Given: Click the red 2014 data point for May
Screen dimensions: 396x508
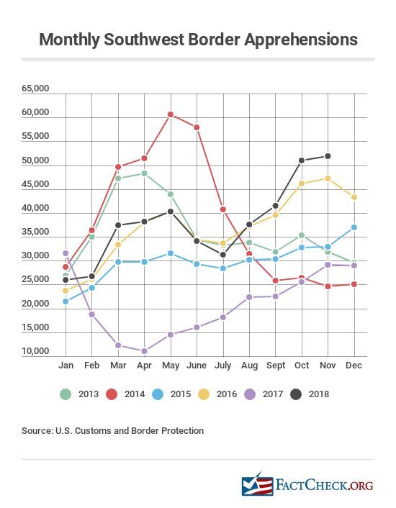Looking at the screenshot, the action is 171,114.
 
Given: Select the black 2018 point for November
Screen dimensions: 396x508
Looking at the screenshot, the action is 328,156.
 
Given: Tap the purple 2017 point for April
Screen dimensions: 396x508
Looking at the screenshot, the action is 144,351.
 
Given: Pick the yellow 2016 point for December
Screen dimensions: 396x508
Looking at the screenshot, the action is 354,197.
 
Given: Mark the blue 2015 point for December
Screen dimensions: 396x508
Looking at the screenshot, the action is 354,227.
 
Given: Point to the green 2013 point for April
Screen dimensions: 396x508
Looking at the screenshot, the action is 144,173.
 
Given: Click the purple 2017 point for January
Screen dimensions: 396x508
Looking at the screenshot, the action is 66,253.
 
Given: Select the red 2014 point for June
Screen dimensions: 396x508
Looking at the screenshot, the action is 197,127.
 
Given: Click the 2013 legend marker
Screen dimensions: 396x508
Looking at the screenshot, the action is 66,394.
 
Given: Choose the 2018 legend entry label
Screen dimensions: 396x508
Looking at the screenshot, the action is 319,394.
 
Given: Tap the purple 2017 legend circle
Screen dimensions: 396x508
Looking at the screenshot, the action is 250,394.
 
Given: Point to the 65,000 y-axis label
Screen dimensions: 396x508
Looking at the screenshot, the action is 35,89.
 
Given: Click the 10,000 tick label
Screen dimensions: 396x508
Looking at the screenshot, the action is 35,351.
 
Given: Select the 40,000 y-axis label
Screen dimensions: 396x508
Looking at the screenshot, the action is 35,208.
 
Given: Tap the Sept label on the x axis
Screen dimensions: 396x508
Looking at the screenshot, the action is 276,366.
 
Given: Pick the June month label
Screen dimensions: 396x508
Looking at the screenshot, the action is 197,365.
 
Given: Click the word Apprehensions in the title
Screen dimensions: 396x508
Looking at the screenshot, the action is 301,40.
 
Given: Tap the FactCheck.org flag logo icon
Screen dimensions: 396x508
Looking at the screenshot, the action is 257,484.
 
